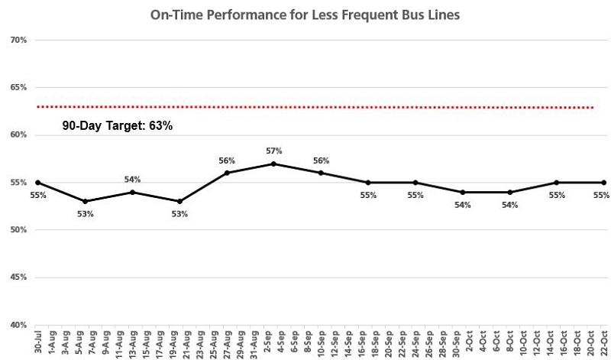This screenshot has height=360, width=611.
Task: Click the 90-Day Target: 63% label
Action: [118, 125]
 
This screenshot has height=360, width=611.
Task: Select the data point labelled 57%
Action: [273, 164]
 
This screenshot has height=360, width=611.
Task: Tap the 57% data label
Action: [274, 151]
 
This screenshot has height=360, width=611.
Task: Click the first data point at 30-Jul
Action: [37, 183]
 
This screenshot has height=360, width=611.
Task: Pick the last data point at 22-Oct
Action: [604, 183]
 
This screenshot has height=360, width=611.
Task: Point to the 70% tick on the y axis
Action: [19, 40]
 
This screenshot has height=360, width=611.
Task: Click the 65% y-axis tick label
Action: [19, 88]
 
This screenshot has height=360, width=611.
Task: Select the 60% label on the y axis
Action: [19, 135]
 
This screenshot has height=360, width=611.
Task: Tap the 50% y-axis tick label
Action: [19, 230]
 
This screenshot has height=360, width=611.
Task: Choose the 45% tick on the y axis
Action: [19, 277]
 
